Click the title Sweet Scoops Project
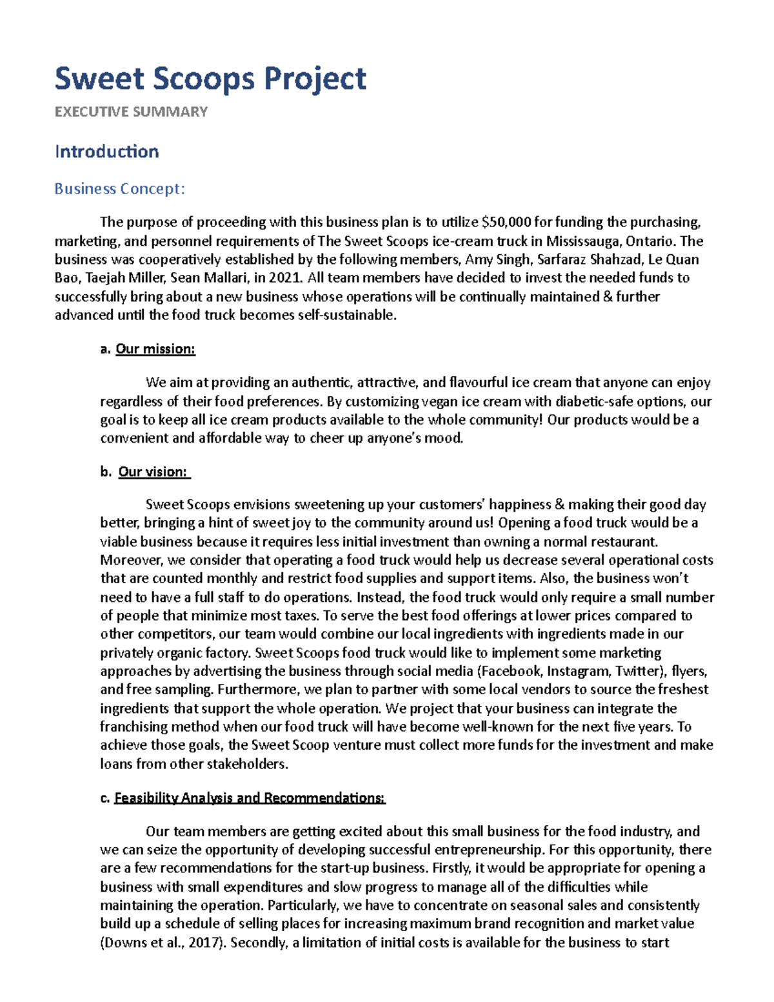210,79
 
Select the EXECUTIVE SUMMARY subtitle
131,112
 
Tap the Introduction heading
106,152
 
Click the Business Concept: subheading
119,189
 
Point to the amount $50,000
506,223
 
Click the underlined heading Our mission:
155,349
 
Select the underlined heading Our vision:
154,472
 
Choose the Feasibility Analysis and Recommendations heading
250,798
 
